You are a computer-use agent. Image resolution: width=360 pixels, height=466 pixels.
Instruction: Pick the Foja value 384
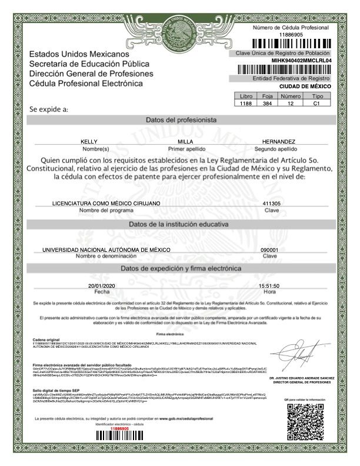(267, 104)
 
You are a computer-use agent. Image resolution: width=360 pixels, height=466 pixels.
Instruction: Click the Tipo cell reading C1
(316, 104)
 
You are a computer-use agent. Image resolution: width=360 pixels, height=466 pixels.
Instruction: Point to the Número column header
(291, 96)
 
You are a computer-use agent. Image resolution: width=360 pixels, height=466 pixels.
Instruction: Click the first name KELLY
(89, 142)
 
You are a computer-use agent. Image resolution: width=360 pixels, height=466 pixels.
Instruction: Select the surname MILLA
(185, 142)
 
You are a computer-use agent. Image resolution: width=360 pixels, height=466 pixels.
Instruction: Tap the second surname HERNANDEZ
(279, 142)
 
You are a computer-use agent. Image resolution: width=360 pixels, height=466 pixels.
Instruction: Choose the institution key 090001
(269, 249)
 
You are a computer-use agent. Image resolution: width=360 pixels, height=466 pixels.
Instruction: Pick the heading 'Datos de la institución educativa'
(181, 224)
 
